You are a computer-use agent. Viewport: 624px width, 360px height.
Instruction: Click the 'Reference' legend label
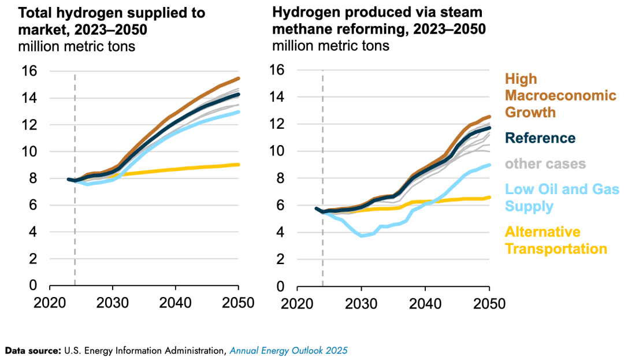pos(541,138)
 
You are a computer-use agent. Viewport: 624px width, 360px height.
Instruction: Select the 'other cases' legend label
pos(545,164)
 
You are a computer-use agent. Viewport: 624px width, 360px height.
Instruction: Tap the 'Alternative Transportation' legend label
pos(556,240)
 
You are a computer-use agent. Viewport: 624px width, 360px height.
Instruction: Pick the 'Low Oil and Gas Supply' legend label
pos(562,197)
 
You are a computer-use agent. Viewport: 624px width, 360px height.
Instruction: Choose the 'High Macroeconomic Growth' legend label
pos(560,95)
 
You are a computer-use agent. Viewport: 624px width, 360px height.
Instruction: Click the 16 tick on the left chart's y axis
pos(29,72)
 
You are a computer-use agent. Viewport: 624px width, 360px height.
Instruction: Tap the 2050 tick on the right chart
pos(490,303)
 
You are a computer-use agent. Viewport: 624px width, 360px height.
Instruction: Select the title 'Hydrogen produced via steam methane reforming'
pos(379,21)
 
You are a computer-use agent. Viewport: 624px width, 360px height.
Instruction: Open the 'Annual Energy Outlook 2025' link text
pos(288,350)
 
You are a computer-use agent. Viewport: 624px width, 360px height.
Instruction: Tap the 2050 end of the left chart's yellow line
pos(239,165)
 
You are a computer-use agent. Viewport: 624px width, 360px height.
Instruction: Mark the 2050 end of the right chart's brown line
pos(490,117)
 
